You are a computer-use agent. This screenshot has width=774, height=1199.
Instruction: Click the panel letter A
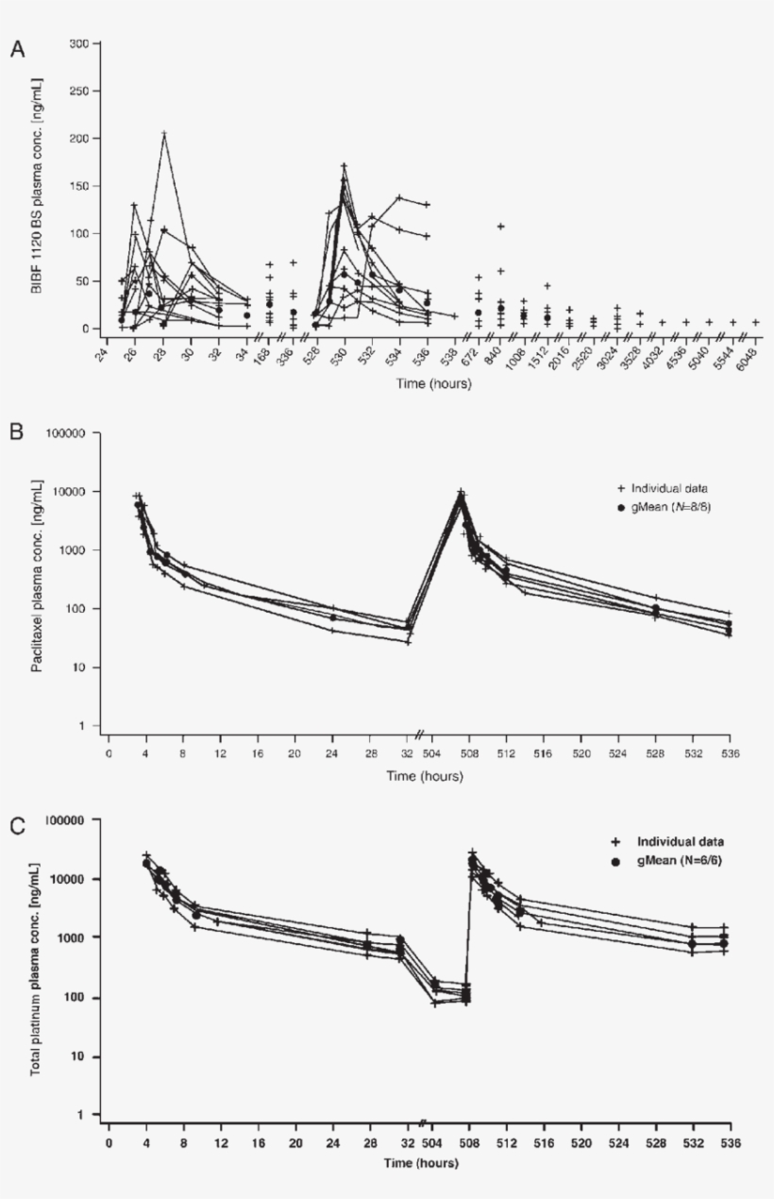click(17, 49)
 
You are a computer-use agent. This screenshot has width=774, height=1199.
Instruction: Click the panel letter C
click(17, 825)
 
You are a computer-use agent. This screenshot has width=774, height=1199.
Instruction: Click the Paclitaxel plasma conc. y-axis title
click(37, 580)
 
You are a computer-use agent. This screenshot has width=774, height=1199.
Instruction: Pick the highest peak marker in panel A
click(164, 133)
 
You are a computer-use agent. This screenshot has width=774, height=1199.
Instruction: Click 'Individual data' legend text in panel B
click(669, 488)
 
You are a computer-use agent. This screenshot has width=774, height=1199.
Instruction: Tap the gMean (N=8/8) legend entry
click(669, 507)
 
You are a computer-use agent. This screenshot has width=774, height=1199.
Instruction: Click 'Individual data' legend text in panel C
click(684, 840)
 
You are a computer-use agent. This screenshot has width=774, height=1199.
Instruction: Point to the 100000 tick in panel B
click(66, 433)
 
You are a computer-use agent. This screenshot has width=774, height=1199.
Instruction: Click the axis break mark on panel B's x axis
click(422, 734)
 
